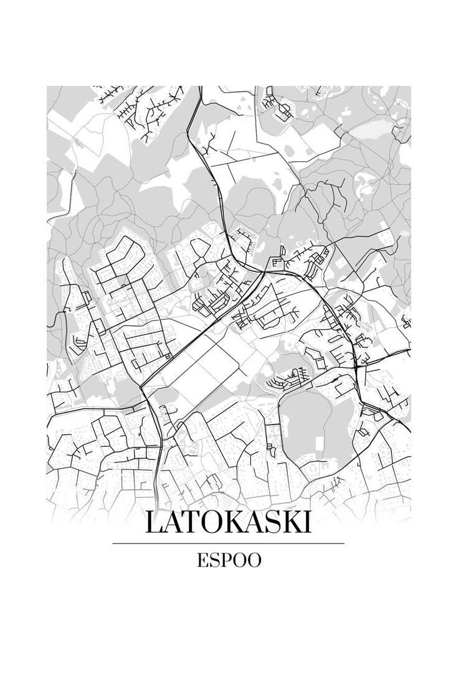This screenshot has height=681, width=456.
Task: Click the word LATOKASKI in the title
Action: point(227,524)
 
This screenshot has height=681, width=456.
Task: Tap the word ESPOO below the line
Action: point(229,560)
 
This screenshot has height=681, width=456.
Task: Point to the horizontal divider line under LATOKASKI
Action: point(228,543)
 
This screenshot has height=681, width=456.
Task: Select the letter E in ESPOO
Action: point(202,560)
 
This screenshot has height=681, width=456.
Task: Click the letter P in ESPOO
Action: point(224,560)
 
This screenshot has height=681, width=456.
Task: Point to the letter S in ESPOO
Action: point(213,560)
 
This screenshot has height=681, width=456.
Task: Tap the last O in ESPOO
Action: point(254,560)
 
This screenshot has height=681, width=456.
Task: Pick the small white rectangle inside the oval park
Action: point(320,446)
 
